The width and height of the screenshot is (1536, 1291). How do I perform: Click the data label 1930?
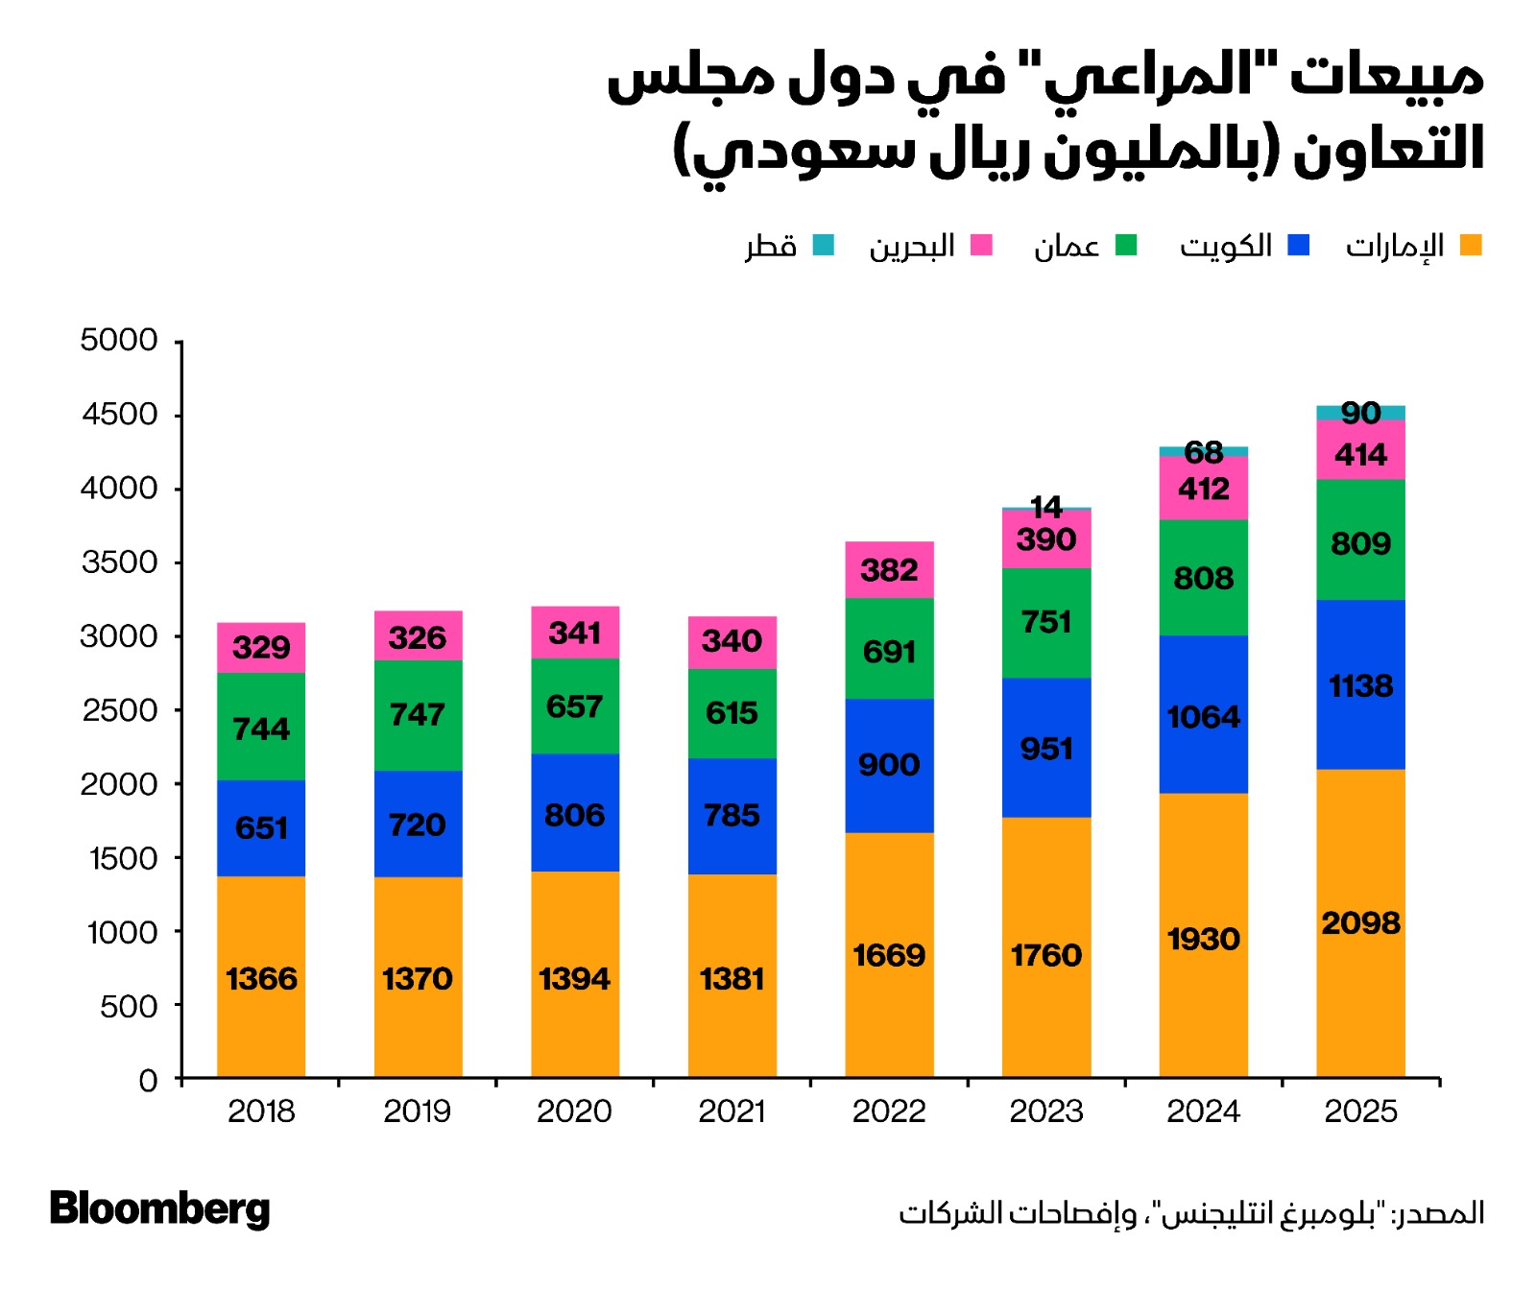[x=1203, y=939]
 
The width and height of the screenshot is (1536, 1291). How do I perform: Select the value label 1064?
[x=1203, y=717]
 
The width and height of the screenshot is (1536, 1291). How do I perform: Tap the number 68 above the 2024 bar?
[x=1203, y=451]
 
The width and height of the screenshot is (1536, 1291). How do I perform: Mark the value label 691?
[x=889, y=652]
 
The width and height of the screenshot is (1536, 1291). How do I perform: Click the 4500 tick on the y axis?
[x=120, y=415]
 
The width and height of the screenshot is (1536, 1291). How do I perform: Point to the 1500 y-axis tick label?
[x=124, y=858]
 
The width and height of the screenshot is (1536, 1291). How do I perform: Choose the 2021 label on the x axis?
[x=732, y=1112]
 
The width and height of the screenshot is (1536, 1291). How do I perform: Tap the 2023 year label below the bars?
[x=1045, y=1112]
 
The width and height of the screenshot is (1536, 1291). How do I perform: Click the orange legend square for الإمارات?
[x=1470, y=246]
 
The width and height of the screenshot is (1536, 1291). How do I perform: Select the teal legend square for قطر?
[x=823, y=246]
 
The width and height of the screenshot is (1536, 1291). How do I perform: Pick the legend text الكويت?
[x=1226, y=246]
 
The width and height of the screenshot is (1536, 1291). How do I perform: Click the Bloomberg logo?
[x=160, y=1208]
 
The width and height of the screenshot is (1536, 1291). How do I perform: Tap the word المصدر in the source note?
[x=1446, y=1213]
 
